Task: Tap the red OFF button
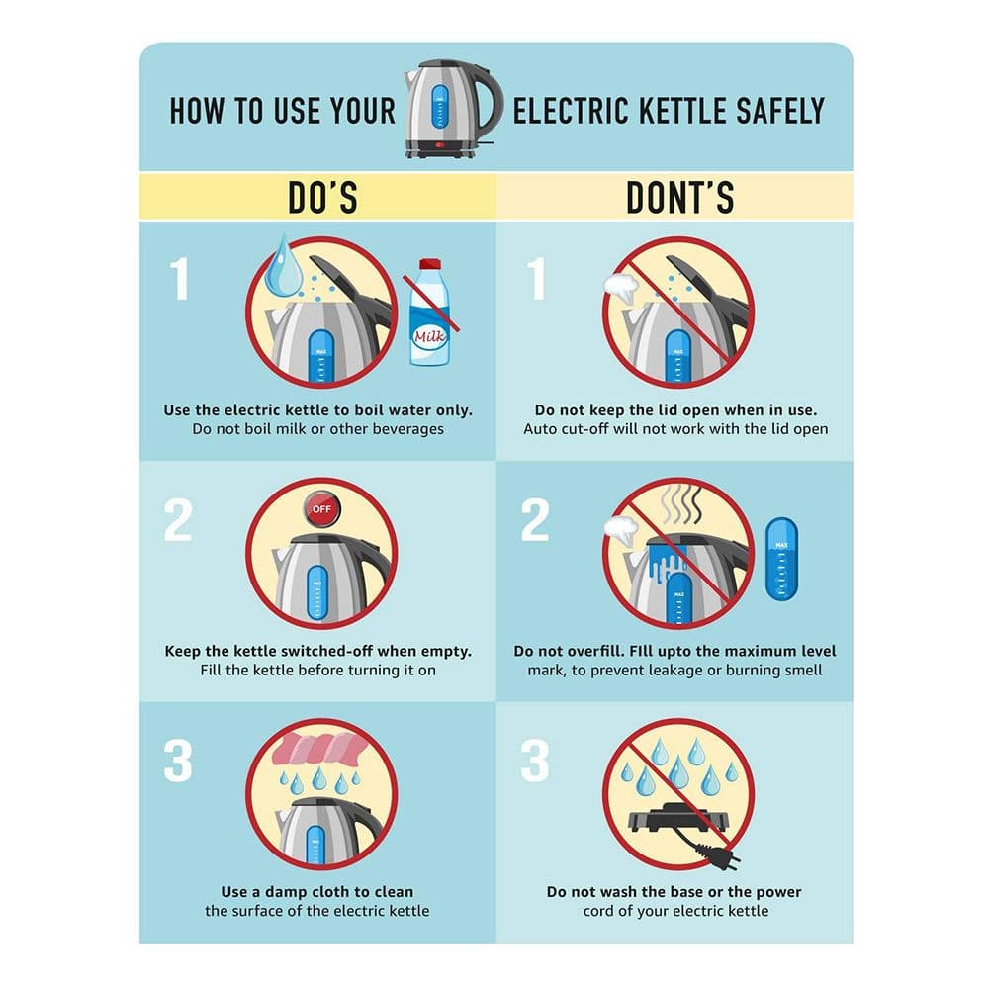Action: (321, 509)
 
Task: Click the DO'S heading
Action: (323, 198)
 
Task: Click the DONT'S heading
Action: (680, 198)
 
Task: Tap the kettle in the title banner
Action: (453, 108)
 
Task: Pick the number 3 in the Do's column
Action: (177, 761)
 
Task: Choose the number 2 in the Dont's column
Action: (535, 520)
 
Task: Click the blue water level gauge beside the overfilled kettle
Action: (781, 559)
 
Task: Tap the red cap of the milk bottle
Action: (429, 264)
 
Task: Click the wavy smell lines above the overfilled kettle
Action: (680, 504)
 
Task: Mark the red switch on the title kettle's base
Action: (440, 145)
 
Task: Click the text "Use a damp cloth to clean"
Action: (317, 891)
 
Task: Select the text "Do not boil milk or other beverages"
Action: (317, 429)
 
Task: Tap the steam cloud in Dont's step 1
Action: (621, 287)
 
